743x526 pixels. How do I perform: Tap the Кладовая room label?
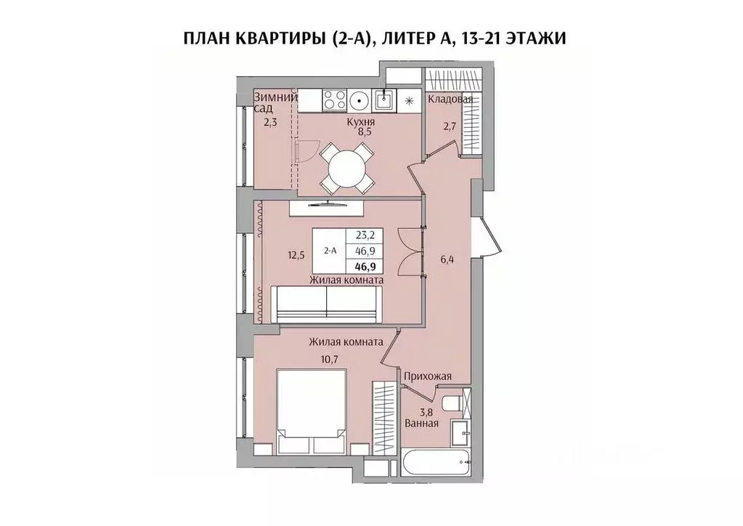(x=450, y=99)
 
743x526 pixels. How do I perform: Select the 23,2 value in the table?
(x=365, y=235)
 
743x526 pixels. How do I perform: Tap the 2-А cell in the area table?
(x=329, y=250)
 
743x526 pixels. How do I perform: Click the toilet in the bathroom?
(x=451, y=403)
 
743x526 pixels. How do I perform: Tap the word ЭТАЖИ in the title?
(x=527, y=39)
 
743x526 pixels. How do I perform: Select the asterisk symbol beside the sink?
(x=409, y=100)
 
